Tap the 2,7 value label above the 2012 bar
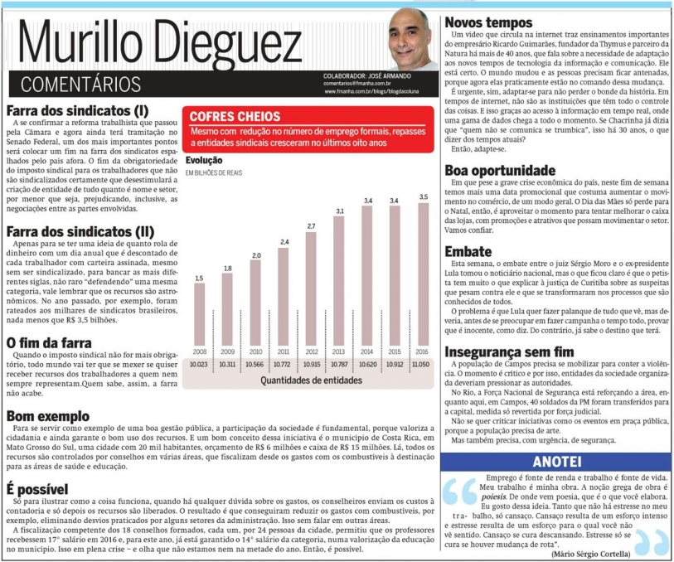(x=312, y=225)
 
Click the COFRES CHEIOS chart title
(x=235, y=117)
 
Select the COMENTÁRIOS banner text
(x=80, y=84)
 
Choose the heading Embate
(x=468, y=250)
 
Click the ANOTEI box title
(x=559, y=460)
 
